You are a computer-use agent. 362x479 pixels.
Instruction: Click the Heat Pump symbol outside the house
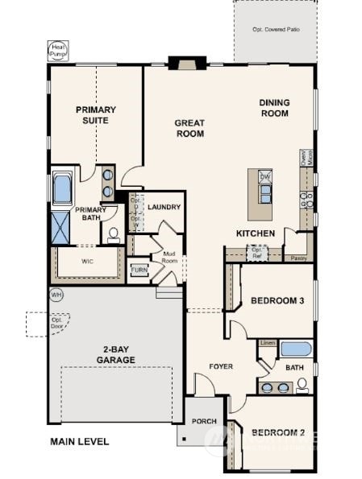click(x=57, y=51)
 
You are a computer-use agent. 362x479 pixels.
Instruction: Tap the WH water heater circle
click(x=56, y=294)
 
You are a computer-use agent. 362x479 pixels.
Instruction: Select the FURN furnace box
click(x=139, y=270)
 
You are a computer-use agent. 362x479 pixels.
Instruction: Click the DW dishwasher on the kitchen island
click(x=265, y=176)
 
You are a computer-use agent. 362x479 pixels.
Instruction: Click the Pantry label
click(x=298, y=258)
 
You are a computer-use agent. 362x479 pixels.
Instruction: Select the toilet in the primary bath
click(x=114, y=235)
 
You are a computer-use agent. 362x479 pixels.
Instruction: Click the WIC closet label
click(x=88, y=262)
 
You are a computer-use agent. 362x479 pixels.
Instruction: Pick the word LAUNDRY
click(x=164, y=207)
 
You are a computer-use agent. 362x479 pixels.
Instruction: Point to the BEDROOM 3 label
click(x=277, y=301)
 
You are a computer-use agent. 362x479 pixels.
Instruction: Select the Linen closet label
click(x=268, y=344)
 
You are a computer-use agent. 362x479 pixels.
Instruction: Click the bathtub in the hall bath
click(x=294, y=350)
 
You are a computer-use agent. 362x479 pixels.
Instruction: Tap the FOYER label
click(x=220, y=366)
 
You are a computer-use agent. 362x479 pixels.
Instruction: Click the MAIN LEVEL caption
click(x=79, y=442)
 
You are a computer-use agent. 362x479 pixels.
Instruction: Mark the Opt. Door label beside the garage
click(x=57, y=322)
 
